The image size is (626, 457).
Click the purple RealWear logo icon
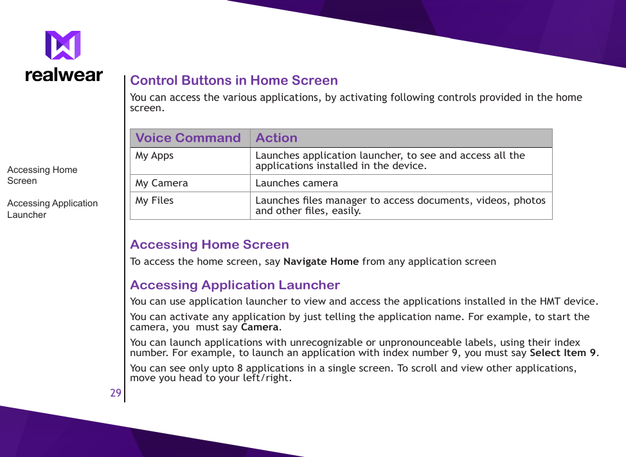pos(63,46)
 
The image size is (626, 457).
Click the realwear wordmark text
pos(64,75)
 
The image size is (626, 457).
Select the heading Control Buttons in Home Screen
pos(233,80)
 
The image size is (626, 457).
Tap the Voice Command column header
pos(188,138)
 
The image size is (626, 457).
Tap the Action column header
pos(276,138)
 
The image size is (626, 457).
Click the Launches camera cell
pos(296,183)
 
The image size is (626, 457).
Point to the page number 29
pos(116,393)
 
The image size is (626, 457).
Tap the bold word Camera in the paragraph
pos(260,327)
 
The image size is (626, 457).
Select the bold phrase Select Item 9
pos(563,353)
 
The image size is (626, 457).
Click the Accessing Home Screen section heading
pos(209,244)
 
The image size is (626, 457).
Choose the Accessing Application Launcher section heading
pos(235,285)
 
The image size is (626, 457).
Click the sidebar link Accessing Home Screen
pos(42,175)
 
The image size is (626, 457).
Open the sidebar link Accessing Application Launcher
pos(52,209)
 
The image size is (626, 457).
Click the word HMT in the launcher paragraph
pos(550,301)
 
